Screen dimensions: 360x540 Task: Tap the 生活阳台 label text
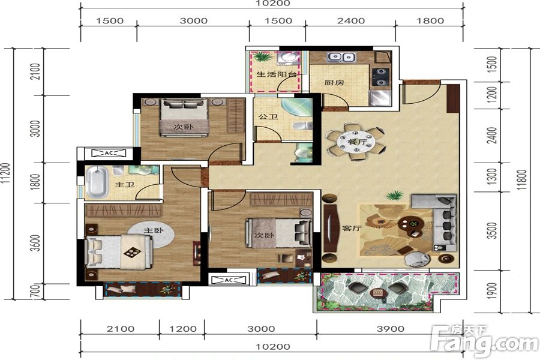pos(277,75)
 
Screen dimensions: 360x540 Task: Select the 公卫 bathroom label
pos(267,117)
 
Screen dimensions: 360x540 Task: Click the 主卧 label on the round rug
pos(153,230)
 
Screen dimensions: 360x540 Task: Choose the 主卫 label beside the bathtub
pos(124,185)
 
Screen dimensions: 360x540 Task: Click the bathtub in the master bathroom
pos(97,182)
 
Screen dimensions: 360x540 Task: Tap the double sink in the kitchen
pos(341,58)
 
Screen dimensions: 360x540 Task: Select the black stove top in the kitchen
pos(381,76)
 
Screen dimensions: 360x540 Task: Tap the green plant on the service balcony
pos(262,58)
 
